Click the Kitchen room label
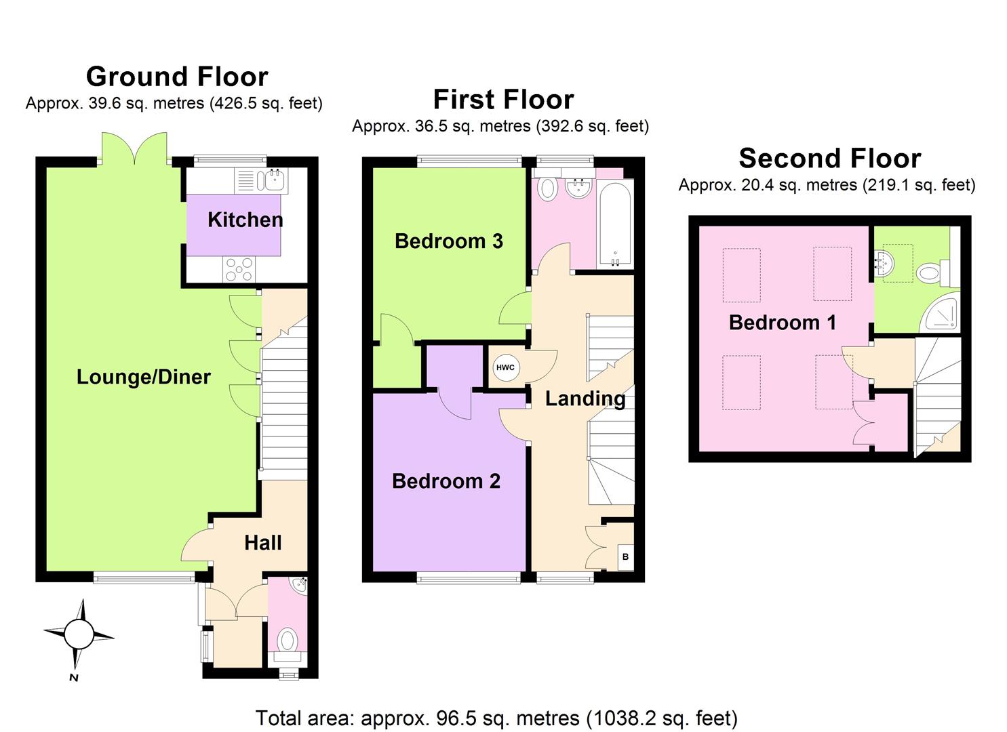tap(245, 220)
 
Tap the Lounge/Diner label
tap(143, 377)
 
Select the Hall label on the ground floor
tap(262, 542)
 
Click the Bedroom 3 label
tap(448, 241)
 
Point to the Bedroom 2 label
tap(446, 481)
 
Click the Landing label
tap(585, 399)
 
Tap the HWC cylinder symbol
tap(505, 367)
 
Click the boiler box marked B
tap(625, 557)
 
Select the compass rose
tap(79, 636)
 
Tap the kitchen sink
tap(275, 180)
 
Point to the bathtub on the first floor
tap(615, 224)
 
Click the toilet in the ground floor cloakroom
tap(288, 640)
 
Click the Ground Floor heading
tap(177, 77)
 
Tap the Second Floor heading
tap(829, 158)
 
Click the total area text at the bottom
tap(496, 718)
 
